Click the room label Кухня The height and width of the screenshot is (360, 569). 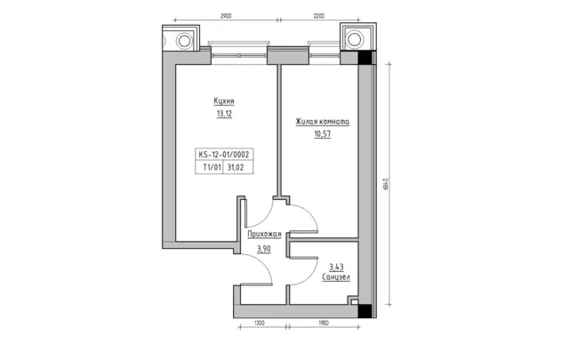[224, 100]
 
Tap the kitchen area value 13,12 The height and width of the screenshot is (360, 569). [224, 114]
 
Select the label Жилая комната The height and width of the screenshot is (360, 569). [322, 122]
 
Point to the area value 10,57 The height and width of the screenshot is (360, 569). [323, 134]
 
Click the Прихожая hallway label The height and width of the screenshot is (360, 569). [264, 234]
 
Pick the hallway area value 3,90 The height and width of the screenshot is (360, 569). [264, 249]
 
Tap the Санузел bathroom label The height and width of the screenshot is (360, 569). [336, 277]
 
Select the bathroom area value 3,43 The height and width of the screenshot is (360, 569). [336, 268]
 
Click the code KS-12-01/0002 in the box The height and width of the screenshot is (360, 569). [224, 155]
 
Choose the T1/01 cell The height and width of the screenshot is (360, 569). [212, 167]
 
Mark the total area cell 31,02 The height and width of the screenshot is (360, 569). [236, 167]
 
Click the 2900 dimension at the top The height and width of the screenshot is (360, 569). [226, 16]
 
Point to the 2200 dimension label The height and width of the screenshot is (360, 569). [318, 16]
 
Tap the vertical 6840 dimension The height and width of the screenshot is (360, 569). [386, 184]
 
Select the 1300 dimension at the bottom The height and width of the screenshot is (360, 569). [259, 323]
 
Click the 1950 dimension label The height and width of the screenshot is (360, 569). [323, 323]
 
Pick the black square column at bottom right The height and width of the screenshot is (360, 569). [365, 311]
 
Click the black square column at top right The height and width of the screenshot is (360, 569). [365, 58]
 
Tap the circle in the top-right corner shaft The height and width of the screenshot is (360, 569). [354, 39]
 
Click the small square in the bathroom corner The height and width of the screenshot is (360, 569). [354, 301]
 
